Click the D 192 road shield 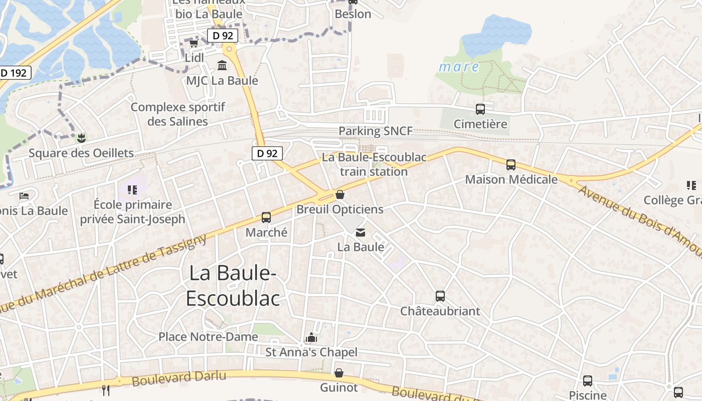point(14,73)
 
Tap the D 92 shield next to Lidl point(223,36)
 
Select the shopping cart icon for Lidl point(194,44)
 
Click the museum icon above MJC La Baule point(222,65)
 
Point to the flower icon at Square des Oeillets point(81,137)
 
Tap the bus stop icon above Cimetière point(480,109)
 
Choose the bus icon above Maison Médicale point(511,164)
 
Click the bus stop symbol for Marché point(266,218)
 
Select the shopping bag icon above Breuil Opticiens point(340,194)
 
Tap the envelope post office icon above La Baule point(361,232)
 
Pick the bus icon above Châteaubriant point(440,296)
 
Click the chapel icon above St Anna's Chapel point(311,337)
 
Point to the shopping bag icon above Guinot point(339,373)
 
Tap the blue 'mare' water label point(459,67)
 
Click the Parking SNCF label point(376,131)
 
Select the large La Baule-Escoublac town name point(233,285)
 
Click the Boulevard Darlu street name point(179,378)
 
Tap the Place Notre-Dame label point(208,337)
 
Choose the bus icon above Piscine point(587,380)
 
